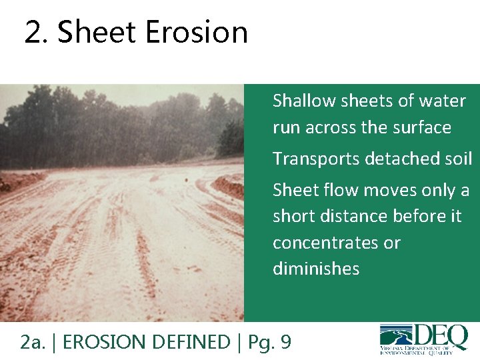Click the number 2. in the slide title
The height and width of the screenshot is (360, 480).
pyautogui.click(x=37, y=32)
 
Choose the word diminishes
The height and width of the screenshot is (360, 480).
pyautogui.click(x=316, y=269)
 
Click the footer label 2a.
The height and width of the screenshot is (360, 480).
pyautogui.click(x=33, y=342)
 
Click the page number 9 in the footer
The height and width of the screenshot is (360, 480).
pyautogui.click(x=285, y=342)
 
